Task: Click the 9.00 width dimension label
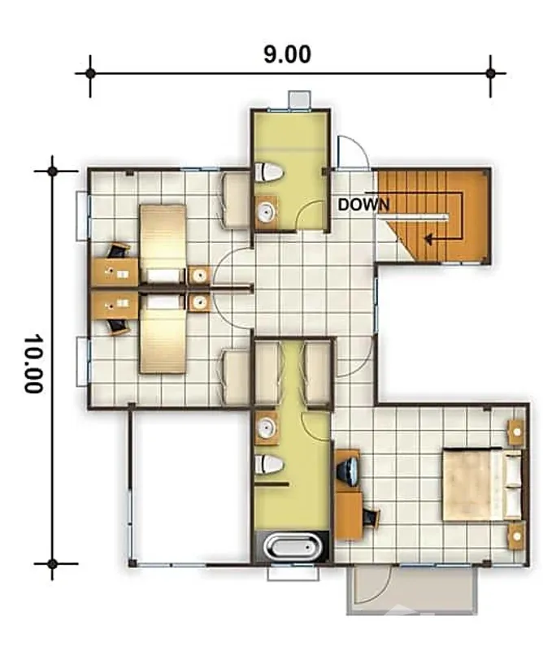click(x=287, y=54)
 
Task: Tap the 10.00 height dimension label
click(x=33, y=363)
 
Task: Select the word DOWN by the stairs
click(x=363, y=205)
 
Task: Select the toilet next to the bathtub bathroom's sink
click(x=269, y=465)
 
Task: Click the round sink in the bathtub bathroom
click(x=266, y=428)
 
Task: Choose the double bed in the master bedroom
click(x=480, y=485)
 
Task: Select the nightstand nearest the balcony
click(x=515, y=536)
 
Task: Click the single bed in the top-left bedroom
click(x=163, y=244)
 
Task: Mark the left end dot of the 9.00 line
click(x=90, y=73)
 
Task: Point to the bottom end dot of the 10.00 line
click(x=53, y=563)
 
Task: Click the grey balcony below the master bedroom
click(x=411, y=590)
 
